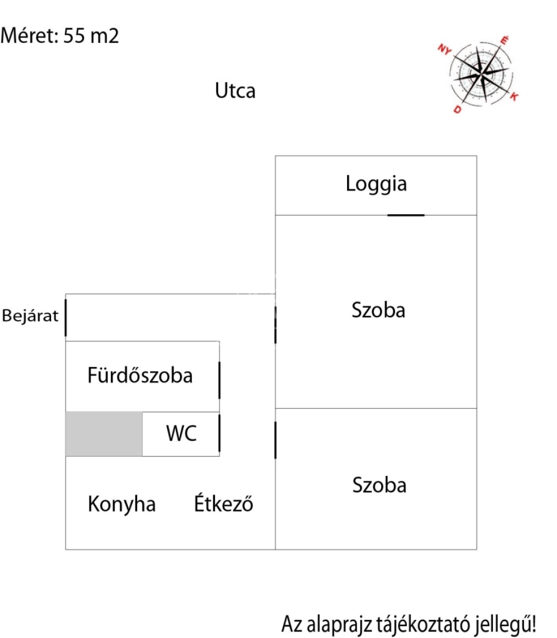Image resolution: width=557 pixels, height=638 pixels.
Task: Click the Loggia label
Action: point(376,184)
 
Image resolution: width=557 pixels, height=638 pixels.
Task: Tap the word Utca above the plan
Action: point(235,91)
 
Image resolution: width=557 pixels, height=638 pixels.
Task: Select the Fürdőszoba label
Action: point(140,375)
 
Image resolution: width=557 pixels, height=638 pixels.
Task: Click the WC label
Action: point(182,434)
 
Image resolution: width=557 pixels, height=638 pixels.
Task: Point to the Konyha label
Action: point(121,505)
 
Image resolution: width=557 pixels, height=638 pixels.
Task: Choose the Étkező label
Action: point(224,504)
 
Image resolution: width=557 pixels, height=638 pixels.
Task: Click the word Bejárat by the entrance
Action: point(30,316)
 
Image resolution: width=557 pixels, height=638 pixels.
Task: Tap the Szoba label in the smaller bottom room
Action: point(379,485)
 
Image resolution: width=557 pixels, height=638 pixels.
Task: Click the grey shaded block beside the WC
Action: point(104,434)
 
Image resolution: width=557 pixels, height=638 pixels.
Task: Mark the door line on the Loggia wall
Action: point(406,215)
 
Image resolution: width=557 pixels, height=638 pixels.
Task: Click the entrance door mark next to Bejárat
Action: point(66,317)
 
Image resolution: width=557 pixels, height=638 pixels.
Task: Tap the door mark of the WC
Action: point(219,433)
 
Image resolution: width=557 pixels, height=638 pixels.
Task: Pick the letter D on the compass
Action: point(457,109)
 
